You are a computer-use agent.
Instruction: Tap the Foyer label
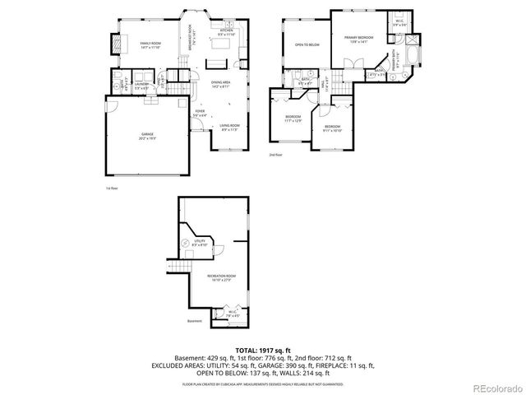coord(200,113)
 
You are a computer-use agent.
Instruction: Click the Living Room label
coord(228,127)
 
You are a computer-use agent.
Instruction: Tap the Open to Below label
coord(307,44)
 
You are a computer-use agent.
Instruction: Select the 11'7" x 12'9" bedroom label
coord(293,118)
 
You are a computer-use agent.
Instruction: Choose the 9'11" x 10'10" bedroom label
coord(332,128)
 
